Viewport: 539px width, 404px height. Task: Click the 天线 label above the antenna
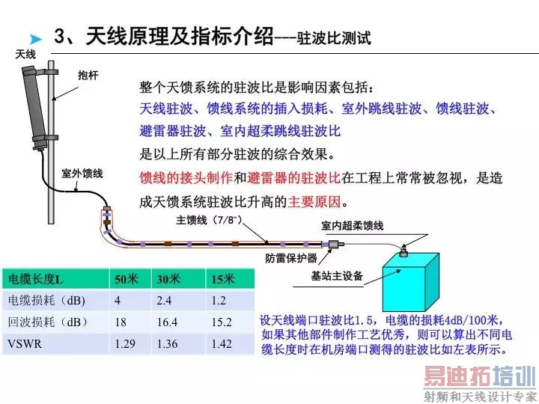pyautogui.click(x=25, y=55)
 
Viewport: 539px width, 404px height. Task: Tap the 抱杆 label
pyautogui.click(x=88, y=75)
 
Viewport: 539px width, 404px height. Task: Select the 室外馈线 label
pyautogui.click(x=82, y=174)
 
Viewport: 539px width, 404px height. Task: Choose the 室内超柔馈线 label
pyautogui.click(x=352, y=225)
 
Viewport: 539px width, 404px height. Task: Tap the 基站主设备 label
pyautogui.click(x=337, y=276)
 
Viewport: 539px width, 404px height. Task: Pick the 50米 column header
pyautogui.click(x=127, y=279)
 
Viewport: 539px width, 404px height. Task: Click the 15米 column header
pyautogui.click(x=222, y=279)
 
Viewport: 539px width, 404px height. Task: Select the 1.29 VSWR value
pyautogui.click(x=124, y=344)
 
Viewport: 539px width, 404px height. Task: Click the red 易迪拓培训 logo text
pyautogui.click(x=479, y=376)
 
